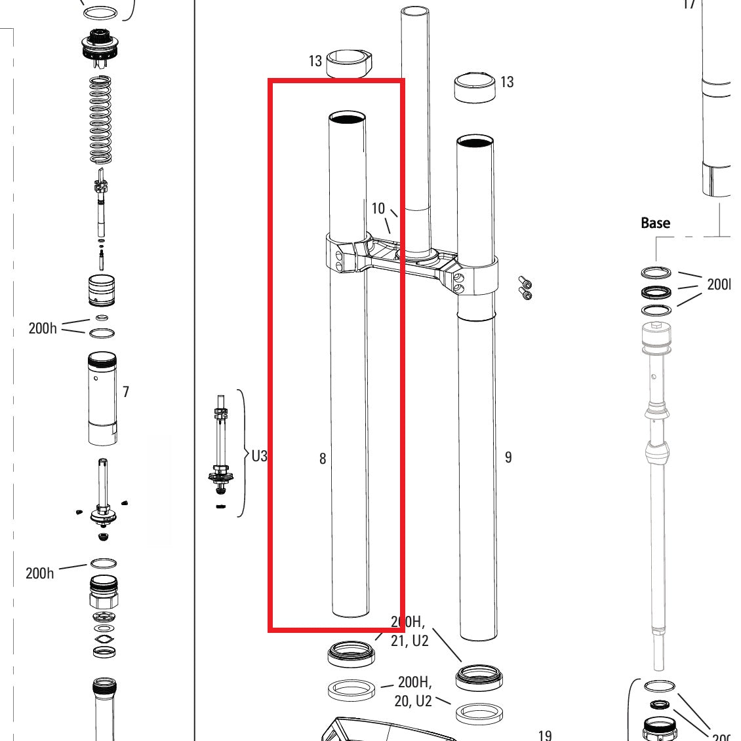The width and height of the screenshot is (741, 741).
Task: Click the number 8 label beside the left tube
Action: pos(322,459)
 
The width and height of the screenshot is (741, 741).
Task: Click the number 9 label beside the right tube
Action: pos(508,457)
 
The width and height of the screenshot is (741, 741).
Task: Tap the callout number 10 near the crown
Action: pos(378,208)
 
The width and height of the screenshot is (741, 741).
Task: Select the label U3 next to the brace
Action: pos(259,455)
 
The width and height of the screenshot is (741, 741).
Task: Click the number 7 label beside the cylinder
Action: pos(126,392)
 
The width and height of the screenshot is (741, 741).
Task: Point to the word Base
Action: pos(655,223)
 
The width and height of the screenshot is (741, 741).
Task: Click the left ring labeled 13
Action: pos(350,63)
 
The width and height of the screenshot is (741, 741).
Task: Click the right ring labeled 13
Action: pos(475,86)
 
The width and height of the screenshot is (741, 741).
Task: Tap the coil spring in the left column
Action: pos(101,119)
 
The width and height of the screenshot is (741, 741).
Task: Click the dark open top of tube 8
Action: pos(347,118)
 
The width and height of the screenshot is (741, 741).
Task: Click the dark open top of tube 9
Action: pos(476,142)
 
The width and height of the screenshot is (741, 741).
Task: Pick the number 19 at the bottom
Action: pos(544,735)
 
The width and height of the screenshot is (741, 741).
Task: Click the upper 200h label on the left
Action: pos(43,328)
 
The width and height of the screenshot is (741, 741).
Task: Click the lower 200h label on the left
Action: pos(40,573)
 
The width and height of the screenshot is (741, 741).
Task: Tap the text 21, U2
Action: pos(409,641)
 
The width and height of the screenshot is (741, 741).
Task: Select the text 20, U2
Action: pos(413,701)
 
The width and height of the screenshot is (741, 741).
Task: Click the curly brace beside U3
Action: pos(242,453)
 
